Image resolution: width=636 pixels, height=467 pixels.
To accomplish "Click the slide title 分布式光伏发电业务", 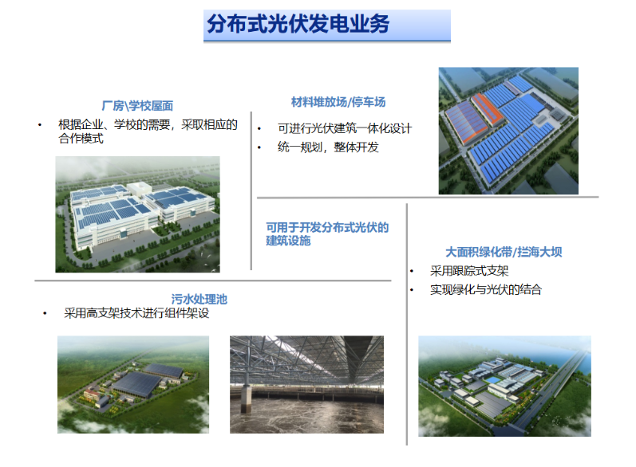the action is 298,24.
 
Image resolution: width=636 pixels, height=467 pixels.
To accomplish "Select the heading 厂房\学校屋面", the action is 137,106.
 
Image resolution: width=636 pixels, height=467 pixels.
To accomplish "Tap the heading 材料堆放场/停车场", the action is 338,102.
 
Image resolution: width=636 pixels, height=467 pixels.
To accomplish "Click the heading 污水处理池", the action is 199,300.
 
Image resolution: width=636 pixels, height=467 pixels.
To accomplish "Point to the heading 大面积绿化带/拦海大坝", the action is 504,253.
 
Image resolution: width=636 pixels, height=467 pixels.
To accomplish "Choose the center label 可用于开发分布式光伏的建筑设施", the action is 327,234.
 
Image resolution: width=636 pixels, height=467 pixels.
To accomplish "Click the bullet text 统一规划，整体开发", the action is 328,147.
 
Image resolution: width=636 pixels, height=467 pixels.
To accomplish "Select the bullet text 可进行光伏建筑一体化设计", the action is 345,128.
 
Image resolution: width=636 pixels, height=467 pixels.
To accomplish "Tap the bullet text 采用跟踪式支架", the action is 469,271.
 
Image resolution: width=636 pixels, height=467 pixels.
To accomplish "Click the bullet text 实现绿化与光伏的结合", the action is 486,289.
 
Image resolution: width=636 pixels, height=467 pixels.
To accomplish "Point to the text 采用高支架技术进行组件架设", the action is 136,313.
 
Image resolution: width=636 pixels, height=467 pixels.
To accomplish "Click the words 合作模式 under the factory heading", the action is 81,139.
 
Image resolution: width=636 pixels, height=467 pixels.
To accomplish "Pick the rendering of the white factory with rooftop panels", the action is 137,214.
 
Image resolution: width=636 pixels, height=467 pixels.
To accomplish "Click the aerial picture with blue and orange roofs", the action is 508,131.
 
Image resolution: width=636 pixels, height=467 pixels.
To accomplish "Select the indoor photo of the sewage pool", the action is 306,384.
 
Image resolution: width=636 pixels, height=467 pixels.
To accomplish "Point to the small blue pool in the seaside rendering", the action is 493,380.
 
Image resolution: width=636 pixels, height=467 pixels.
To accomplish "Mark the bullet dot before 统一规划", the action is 259,147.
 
